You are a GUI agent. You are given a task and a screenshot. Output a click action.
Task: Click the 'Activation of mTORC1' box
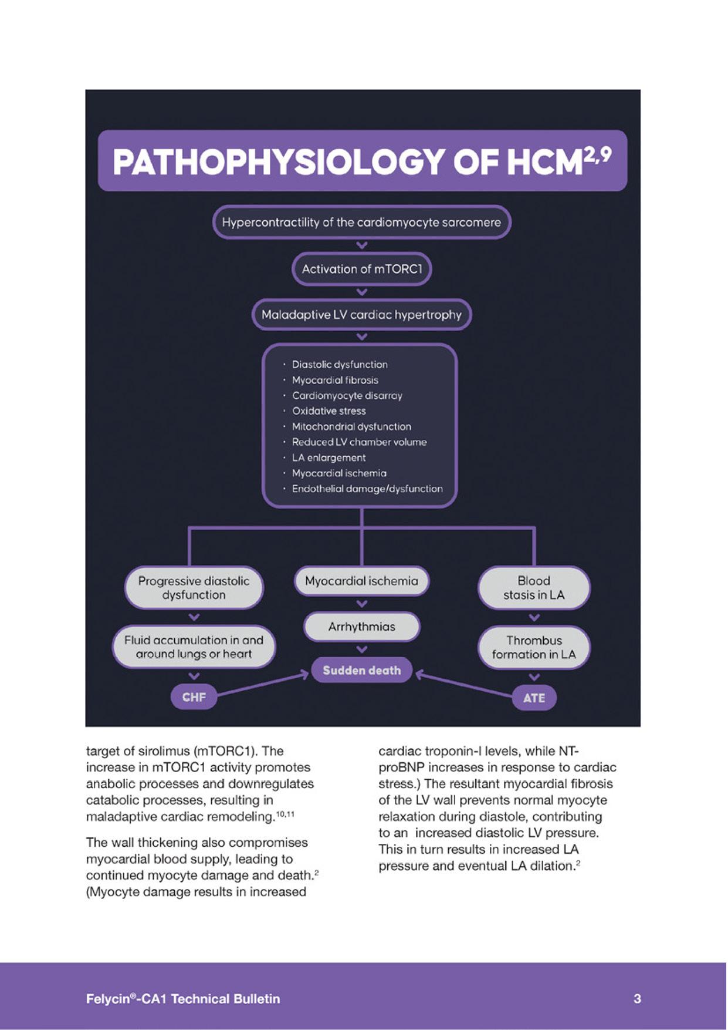362,269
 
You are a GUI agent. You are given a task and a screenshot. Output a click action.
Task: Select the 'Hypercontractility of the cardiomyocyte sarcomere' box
361,223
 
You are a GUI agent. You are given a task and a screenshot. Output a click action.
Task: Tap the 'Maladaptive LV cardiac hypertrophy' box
361,315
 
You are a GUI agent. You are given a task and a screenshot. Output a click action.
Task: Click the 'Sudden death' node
362,670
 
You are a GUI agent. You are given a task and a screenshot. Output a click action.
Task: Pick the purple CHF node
194,697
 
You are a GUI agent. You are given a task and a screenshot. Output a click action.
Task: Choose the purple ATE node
534,698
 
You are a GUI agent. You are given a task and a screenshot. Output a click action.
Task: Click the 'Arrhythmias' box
361,627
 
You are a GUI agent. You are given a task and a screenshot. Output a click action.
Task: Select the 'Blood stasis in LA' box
534,588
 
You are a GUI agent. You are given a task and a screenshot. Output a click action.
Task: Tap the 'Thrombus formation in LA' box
534,647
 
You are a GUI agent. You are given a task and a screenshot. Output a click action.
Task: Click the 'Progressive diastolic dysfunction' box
194,588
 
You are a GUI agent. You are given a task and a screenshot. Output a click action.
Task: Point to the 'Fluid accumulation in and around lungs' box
194,647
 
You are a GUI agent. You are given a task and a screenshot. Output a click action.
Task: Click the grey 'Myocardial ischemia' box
361,581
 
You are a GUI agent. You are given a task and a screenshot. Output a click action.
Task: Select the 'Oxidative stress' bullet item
329,411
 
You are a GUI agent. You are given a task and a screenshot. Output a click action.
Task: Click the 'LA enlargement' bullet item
329,457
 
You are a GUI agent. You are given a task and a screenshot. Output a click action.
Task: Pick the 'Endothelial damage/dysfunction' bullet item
367,489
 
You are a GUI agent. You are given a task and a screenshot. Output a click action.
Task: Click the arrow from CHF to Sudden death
262,685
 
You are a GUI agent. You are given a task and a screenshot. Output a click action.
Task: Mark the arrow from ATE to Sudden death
463,685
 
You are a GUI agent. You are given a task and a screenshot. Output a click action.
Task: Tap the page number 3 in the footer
637,998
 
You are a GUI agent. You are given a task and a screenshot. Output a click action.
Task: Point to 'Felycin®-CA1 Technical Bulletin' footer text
183,998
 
